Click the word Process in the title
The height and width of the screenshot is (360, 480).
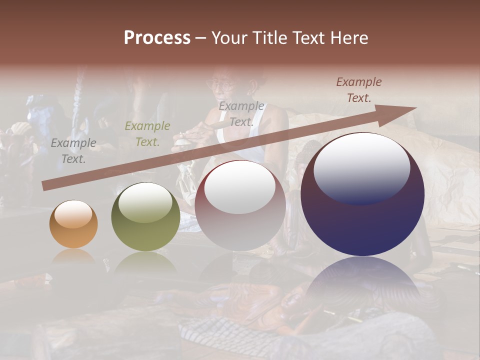pyautogui.click(x=157, y=38)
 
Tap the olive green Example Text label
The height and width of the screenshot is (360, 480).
pyautogui.click(x=147, y=134)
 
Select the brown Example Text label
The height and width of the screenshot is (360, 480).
pyautogui.click(x=359, y=90)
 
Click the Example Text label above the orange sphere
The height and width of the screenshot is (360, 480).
pyautogui.click(x=73, y=151)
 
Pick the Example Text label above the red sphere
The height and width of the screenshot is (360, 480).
pyautogui.click(x=241, y=114)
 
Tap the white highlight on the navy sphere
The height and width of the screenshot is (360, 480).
pyautogui.click(x=361, y=167)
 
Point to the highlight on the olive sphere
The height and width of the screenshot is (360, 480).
pyautogui.click(x=145, y=202)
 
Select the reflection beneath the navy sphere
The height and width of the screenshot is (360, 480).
pyautogui.click(x=362, y=280)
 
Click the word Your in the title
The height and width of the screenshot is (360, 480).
pyautogui.click(x=230, y=38)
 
